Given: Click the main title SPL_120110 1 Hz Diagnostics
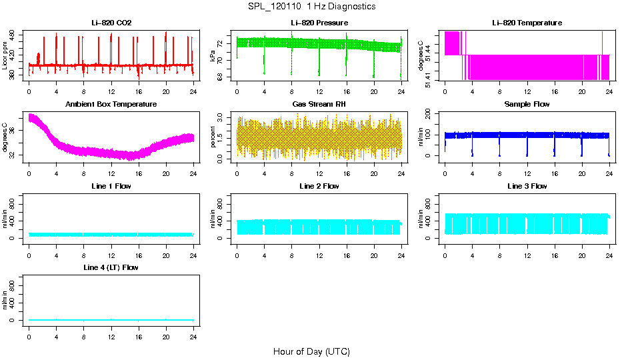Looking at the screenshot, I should pos(311,6).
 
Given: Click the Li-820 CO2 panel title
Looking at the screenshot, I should pos(111,23).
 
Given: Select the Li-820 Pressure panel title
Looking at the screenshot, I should pos(319,23).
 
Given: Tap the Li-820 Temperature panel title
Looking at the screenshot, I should pos(527,23).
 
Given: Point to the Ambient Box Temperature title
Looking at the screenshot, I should pos(111,104).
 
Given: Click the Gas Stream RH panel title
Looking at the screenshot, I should pos(319,104).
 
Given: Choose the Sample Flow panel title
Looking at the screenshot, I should pos(527,104).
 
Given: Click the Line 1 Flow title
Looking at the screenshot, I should pos(111,186).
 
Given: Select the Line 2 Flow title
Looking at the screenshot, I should pos(319,186).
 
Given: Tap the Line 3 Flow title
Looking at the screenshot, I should pos(527,186).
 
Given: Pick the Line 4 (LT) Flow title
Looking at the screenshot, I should pos(111,267).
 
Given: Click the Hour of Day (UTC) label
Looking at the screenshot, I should pos(311,351).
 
